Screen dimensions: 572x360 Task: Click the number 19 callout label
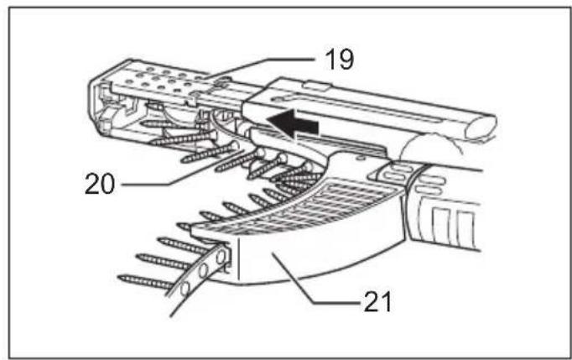point(339,60)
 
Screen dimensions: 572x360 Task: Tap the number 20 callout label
point(100,183)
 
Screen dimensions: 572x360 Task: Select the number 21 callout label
point(377,302)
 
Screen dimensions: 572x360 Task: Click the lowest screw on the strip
point(147,282)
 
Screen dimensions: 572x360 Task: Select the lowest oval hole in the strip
point(185,289)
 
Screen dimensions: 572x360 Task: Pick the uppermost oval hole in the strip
point(221,257)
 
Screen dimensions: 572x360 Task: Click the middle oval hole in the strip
point(203,271)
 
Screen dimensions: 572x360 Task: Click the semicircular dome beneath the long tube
point(429,147)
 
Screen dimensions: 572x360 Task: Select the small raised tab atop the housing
point(317,86)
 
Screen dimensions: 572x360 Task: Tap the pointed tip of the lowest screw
point(119,278)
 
